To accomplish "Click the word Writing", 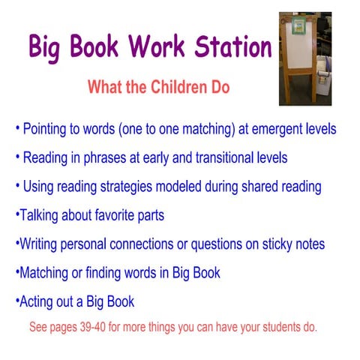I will [x=38, y=244].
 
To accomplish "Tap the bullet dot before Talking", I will [x=16, y=215].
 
